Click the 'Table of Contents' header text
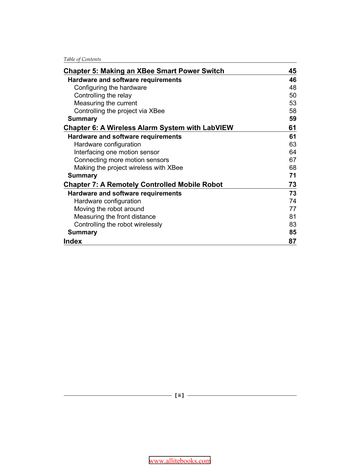click(x=82, y=59)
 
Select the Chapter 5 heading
click(x=144, y=71)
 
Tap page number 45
click(x=292, y=71)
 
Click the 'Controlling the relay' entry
click(x=103, y=95)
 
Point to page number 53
click(x=293, y=103)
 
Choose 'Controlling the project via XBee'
click(x=119, y=111)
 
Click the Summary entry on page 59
click(x=82, y=118)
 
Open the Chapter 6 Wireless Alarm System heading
click(x=148, y=128)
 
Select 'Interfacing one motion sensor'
click(x=116, y=152)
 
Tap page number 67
click(x=293, y=160)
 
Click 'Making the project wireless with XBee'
click(x=128, y=167)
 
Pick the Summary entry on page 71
click(x=82, y=175)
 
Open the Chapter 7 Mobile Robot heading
click(x=143, y=184)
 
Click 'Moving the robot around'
click(x=109, y=209)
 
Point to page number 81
click(x=293, y=217)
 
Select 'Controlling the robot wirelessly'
click(x=118, y=224)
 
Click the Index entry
click(x=73, y=241)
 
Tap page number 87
click(x=292, y=241)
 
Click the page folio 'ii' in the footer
click(x=179, y=396)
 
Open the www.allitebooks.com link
click(x=180, y=461)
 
